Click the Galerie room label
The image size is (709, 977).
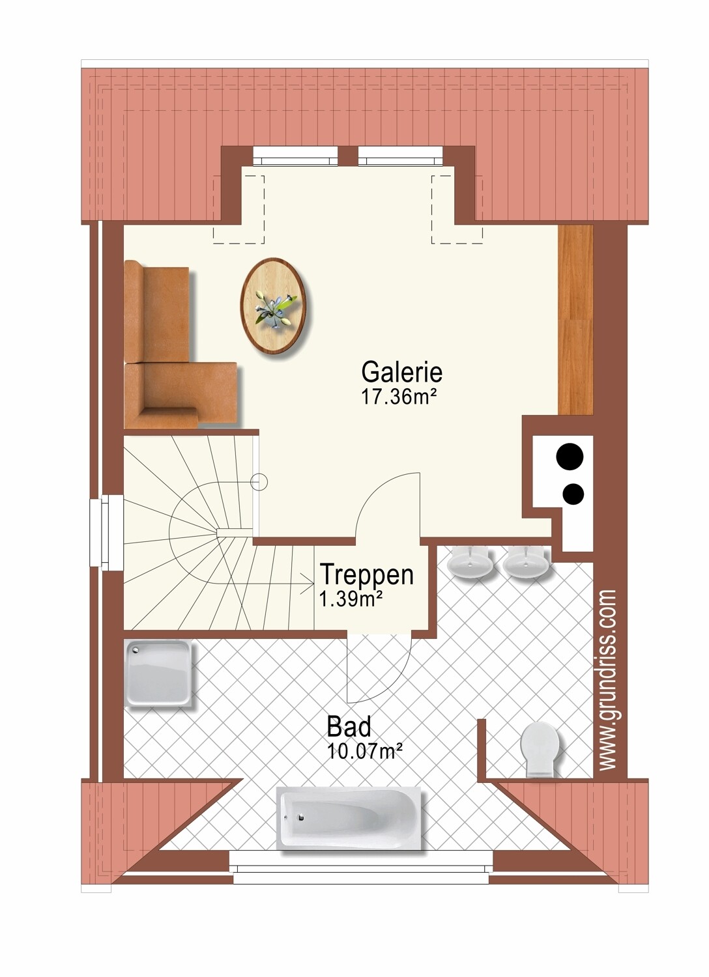(x=401, y=373)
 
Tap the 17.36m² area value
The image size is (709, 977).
(x=399, y=397)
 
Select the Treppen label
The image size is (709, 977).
(x=366, y=575)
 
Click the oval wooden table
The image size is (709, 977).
(x=273, y=305)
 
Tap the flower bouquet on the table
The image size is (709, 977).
(x=275, y=308)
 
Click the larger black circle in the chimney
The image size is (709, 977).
(x=570, y=457)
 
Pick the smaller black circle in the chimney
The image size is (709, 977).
(x=573, y=493)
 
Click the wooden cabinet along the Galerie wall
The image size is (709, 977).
(x=575, y=320)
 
